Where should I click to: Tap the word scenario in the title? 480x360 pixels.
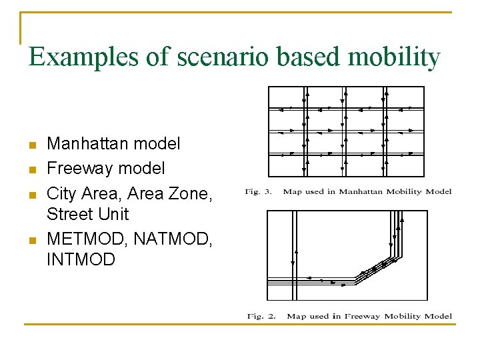tap(221, 58)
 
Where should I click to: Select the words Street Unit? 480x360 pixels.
tap(88, 215)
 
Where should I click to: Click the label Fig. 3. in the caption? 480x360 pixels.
tap(258, 192)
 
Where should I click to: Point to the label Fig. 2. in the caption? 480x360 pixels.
tap(261, 316)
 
